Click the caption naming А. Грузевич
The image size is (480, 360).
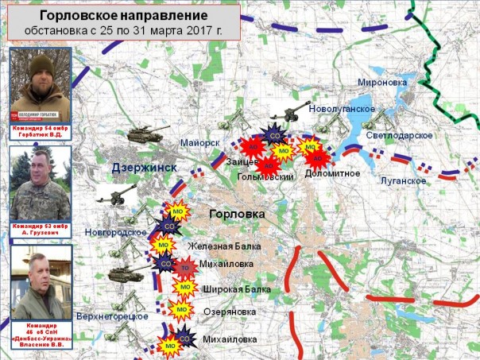(x=41, y=230)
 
